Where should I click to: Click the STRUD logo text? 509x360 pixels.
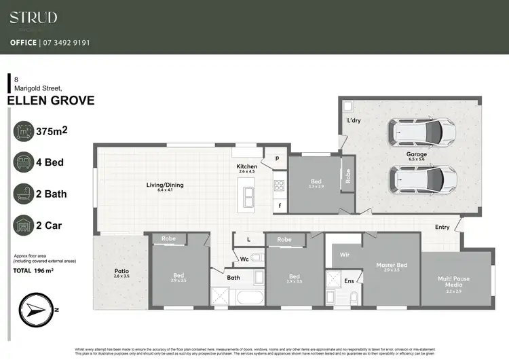33,18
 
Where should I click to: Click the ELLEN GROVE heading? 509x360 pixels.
50,101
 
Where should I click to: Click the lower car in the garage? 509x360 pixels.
422,179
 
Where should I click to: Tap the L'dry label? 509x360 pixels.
354,120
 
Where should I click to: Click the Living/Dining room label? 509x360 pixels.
165,185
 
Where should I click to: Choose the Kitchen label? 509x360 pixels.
246,166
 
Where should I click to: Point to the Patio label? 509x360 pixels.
121,271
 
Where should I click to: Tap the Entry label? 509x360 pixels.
442,227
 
